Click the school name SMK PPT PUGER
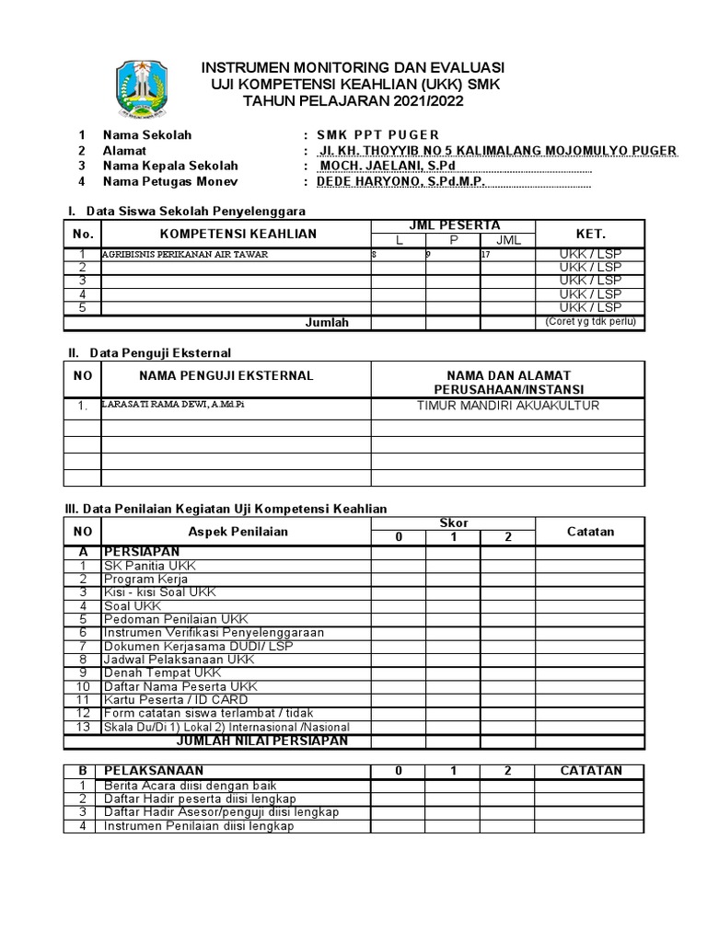[x=378, y=135]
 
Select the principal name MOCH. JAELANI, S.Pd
[x=387, y=166]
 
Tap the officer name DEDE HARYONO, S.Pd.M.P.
[x=400, y=182]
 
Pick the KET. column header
[x=590, y=234]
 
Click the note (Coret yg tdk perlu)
[x=590, y=321]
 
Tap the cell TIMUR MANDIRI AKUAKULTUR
[x=508, y=405]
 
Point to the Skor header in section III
[x=454, y=523]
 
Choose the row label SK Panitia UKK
[x=150, y=566]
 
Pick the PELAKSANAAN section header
[x=154, y=770]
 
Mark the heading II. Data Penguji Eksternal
[x=152, y=352]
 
